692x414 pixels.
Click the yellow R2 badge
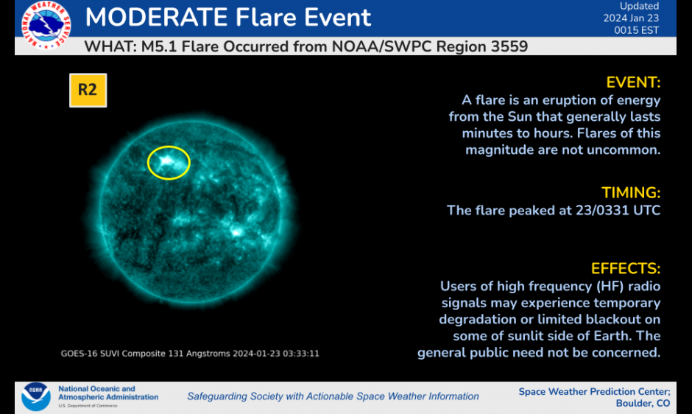tap(88, 90)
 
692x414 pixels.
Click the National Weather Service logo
tap(46, 24)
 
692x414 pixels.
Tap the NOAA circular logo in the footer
tap(36, 396)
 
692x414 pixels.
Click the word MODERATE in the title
tap(156, 17)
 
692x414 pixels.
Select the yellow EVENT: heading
tap(633, 83)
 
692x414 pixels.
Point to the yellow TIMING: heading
tap(631, 193)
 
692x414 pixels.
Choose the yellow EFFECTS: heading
tap(625, 269)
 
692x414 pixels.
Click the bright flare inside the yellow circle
tap(167, 161)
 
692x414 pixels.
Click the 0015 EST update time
tap(636, 30)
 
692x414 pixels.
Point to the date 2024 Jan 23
tap(631, 18)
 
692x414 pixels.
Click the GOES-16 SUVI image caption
tap(190, 354)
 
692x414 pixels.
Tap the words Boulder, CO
tap(643, 404)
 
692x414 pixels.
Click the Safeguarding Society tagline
tap(333, 396)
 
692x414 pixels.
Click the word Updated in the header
tap(639, 6)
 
